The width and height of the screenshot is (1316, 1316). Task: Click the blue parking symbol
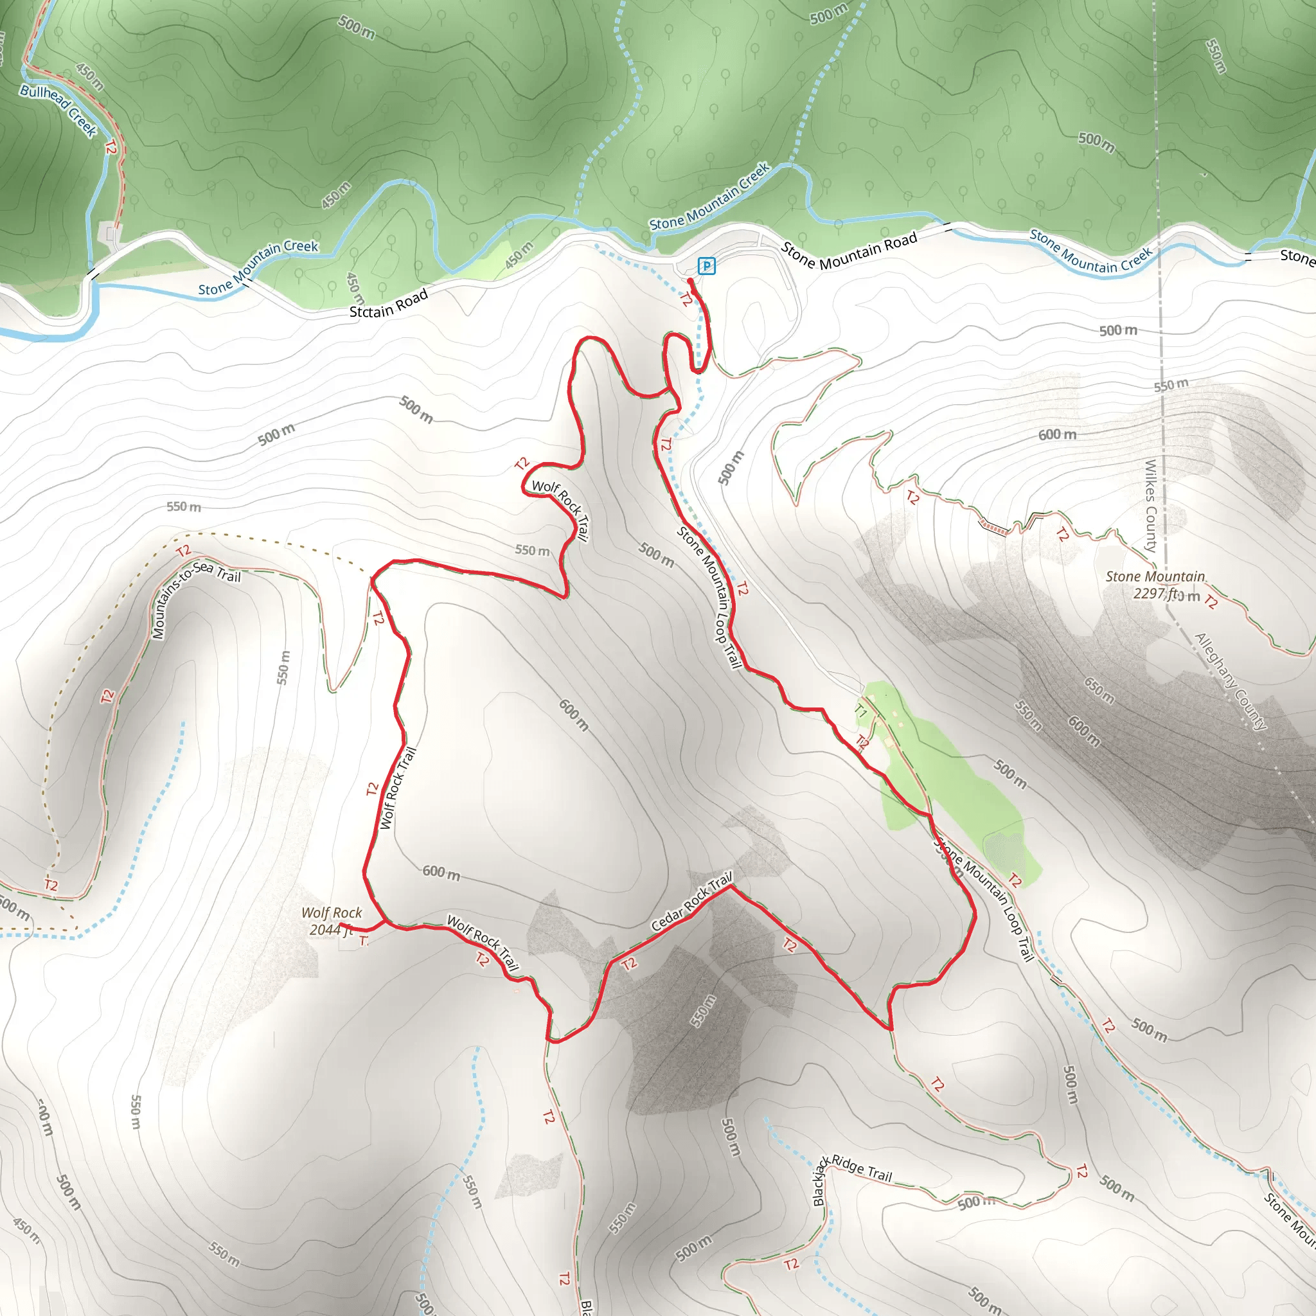pyautogui.click(x=706, y=265)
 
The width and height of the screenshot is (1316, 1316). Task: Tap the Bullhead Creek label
pyautogui.click(x=58, y=111)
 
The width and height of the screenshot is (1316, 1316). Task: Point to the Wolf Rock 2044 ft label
pyautogui.click(x=331, y=921)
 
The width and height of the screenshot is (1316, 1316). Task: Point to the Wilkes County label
pyautogui.click(x=1150, y=506)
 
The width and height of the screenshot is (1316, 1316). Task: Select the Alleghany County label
pyautogui.click(x=1231, y=681)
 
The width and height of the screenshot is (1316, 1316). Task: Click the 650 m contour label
pyautogui.click(x=1099, y=691)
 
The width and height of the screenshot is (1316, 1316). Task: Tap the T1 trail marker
pyautogui.click(x=860, y=712)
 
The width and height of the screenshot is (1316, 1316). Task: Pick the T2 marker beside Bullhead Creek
pyautogui.click(x=111, y=147)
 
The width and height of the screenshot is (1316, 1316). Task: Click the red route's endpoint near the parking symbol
pyautogui.click(x=691, y=281)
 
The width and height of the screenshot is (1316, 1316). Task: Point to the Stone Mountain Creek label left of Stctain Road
pyautogui.click(x=258, y=268)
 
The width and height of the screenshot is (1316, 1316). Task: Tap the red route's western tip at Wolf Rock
pyautogui.click(x=341, y=925)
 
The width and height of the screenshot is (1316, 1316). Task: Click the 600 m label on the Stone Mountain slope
pyautogui.click(x=1057, y=434)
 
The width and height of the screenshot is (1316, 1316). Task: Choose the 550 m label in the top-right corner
pyautogui.click(x=1216, y=56)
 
